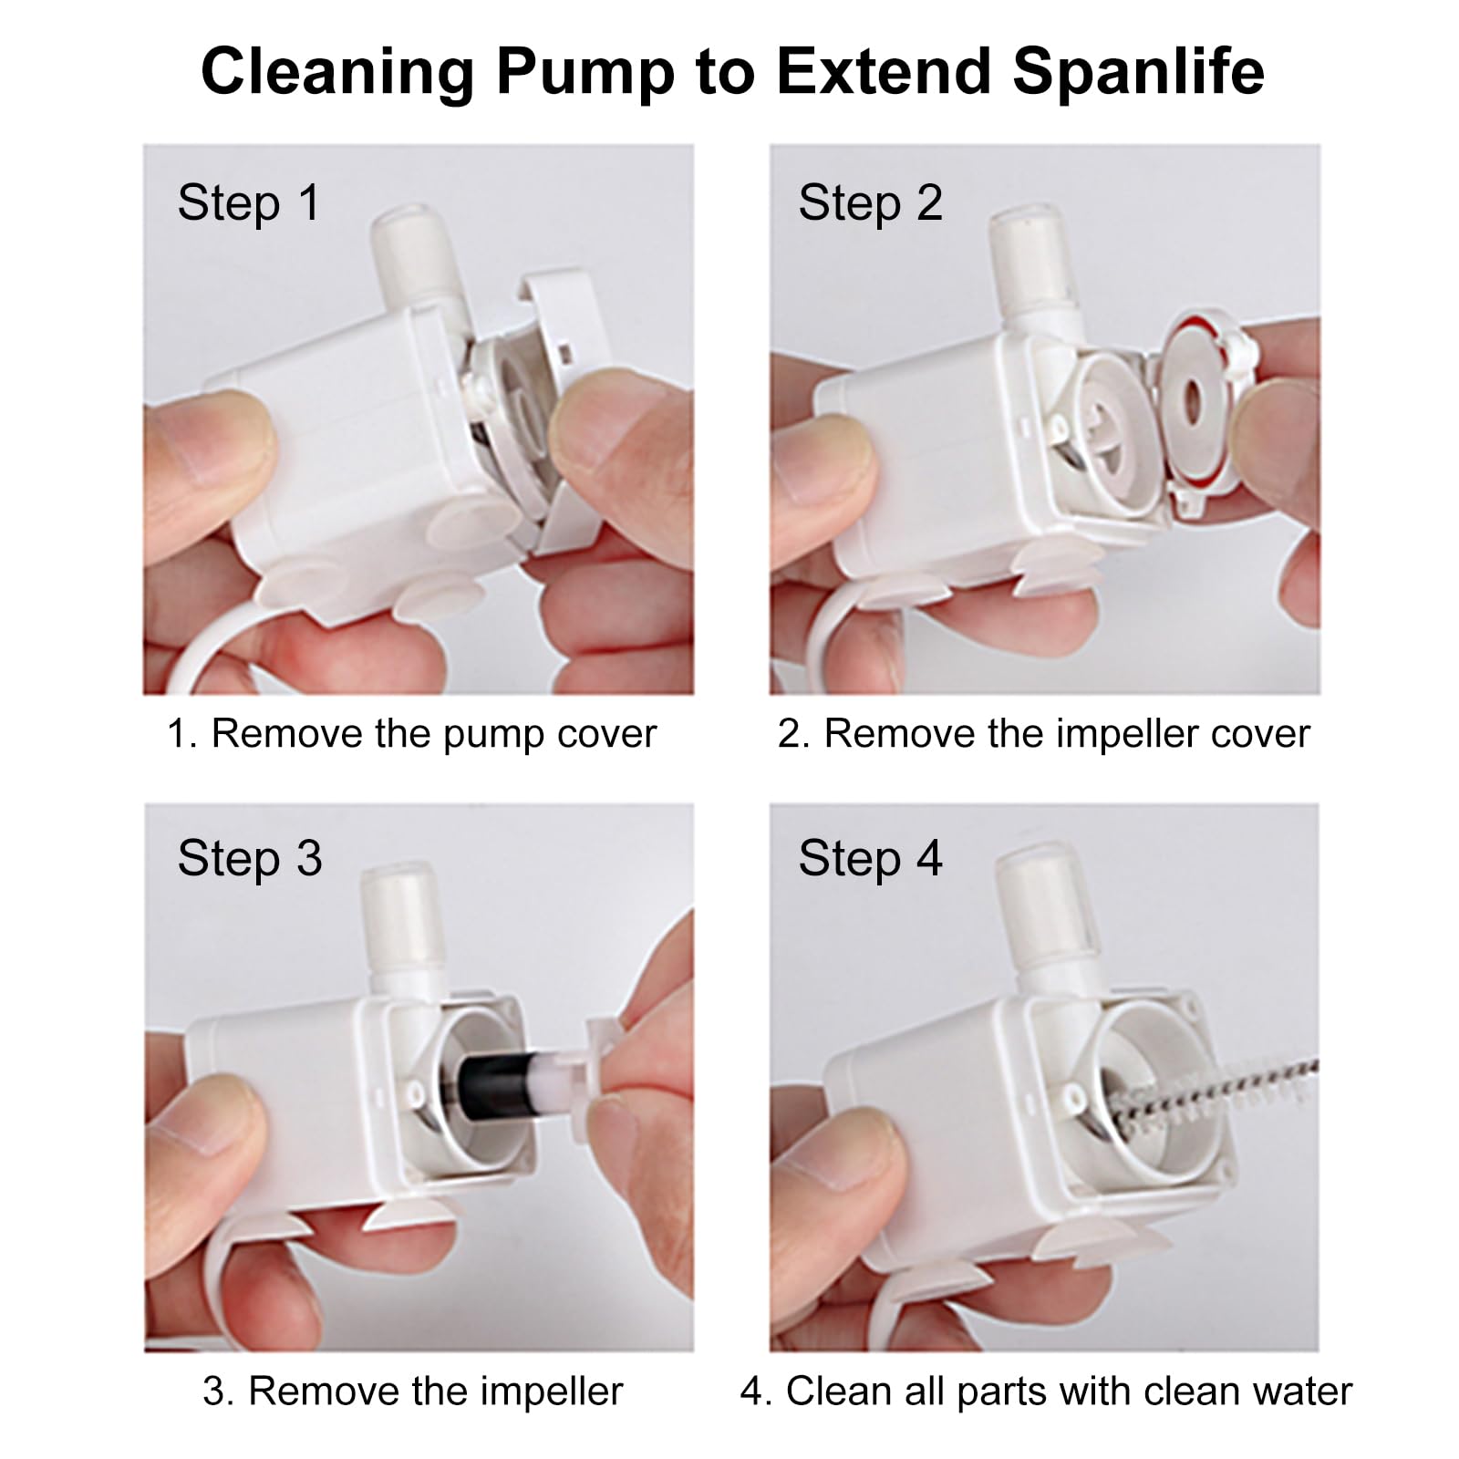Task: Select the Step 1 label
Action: [249, 202]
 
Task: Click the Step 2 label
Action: [870, 202]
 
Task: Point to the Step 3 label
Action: [249, 858]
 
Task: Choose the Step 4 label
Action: [870, 858]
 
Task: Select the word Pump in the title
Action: [584, 71]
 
